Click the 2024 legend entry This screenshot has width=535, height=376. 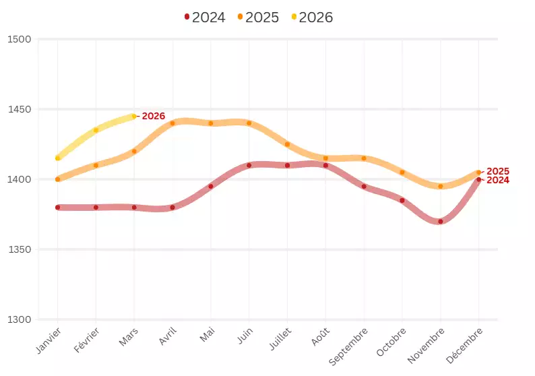205,18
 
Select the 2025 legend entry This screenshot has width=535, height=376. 258,18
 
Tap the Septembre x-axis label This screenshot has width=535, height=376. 350,346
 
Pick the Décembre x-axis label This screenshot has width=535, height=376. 466,344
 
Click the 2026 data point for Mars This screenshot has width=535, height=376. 134,116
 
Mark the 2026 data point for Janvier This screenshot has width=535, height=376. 58,158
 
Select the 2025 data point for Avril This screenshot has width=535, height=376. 172,123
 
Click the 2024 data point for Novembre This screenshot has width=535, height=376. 441,221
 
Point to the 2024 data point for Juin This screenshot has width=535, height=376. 249,165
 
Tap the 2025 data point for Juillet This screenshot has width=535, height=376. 288,144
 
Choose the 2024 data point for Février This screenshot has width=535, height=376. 96,208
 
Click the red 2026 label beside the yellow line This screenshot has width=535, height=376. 153,116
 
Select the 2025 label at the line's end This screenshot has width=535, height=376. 498,171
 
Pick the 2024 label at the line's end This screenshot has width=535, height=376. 498,180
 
